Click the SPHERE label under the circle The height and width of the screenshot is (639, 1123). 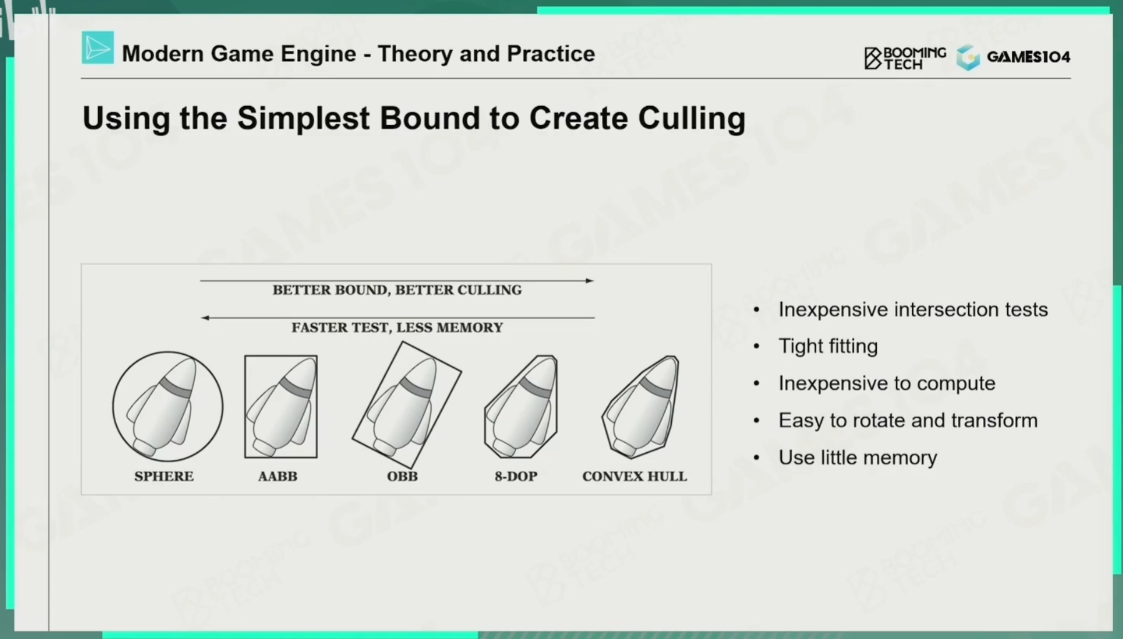coord(164,476)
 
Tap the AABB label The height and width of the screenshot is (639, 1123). coord(277,476)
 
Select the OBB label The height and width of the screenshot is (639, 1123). coord(402,476)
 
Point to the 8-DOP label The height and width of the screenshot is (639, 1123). coord(516,476)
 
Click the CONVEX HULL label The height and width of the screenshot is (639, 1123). coord(634,476)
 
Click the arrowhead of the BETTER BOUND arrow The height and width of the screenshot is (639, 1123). coord(589,280)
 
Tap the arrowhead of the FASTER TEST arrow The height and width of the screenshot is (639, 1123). coord(205,318)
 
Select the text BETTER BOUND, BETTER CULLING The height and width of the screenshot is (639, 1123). coord(397,290)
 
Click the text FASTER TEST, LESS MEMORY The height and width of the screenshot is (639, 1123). coord(397,327)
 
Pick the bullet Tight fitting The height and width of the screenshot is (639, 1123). coord(828,346)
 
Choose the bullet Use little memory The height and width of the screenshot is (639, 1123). coord(857,457)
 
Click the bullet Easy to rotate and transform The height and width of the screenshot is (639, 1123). coord(908,420)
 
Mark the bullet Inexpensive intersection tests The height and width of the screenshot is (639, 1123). coord(913,309)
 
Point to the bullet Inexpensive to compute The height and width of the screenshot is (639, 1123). coord(887,383)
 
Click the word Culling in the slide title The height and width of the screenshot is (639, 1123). coord(692,119)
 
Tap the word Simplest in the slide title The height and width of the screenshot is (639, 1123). coord(303,119)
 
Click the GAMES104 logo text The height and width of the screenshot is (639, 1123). coord(1028,57)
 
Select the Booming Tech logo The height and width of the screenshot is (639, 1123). coord(905,57)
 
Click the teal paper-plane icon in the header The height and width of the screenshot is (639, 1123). coord(97,47)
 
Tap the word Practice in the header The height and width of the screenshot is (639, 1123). coord(551,54)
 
